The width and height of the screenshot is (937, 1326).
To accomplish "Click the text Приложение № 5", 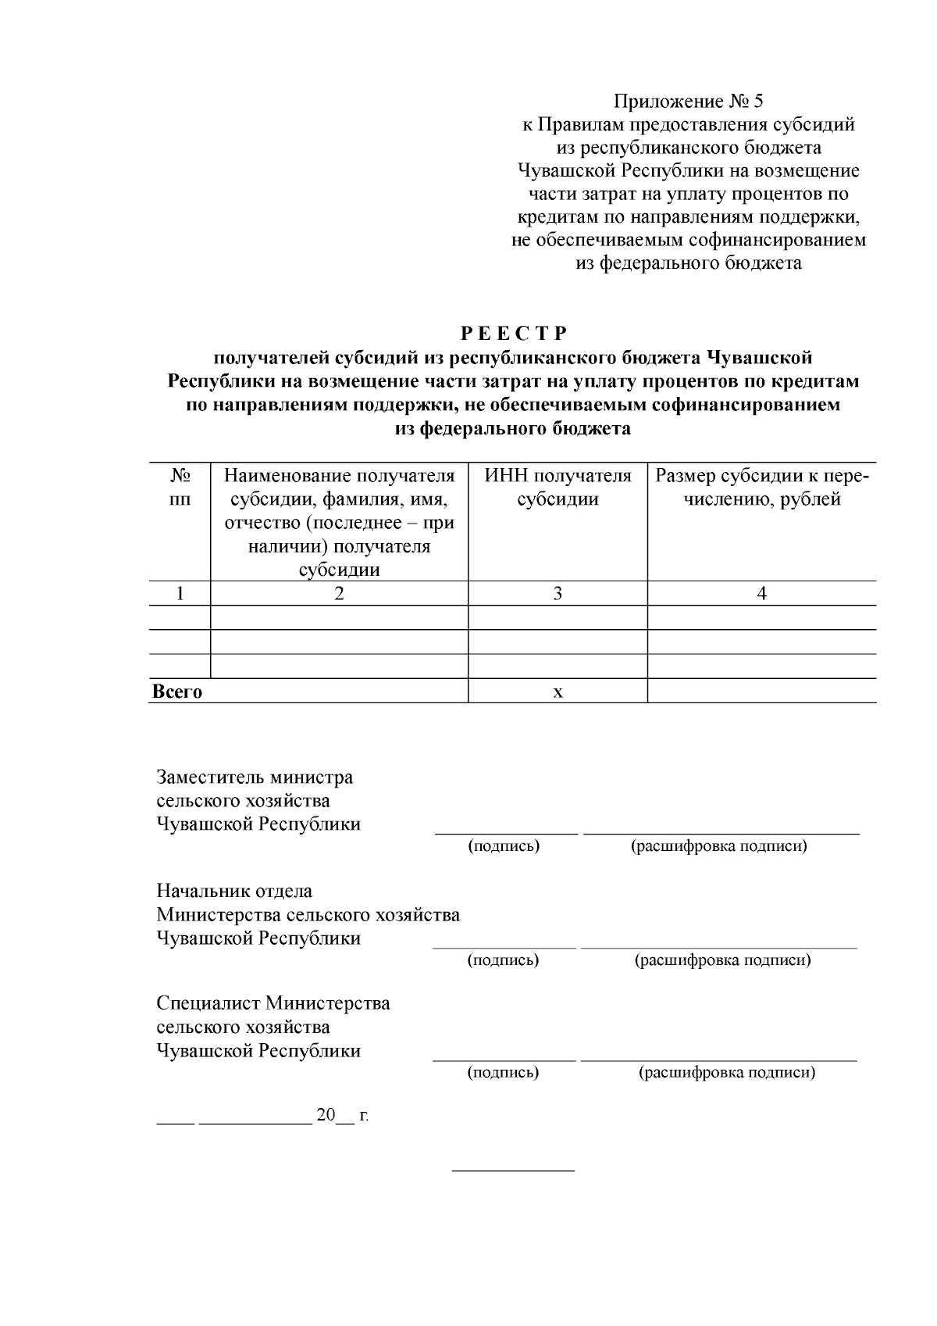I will tap(688, 102).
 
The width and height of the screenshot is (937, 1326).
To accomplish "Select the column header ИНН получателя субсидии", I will tap(558, 488).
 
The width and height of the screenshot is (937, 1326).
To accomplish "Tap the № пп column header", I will tap(180, 488).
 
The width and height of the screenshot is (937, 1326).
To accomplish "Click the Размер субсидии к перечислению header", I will tap(762, 488).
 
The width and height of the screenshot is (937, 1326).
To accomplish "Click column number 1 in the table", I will tap(180, 594).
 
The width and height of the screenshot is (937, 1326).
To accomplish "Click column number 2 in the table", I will tap(339, 594).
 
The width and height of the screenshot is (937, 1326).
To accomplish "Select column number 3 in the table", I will tap(558, 594).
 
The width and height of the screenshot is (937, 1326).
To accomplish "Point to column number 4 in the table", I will tap(762, 594).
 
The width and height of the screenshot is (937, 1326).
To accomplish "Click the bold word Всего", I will tap(177, 692).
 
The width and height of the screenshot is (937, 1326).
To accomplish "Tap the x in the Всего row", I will tap(558, 692).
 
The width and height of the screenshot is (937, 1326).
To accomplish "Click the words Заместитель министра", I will tap(255, 777).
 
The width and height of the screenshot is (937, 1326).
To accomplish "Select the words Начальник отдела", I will tap(234, 891).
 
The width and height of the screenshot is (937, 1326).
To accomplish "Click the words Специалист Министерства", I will tap(273, 1003).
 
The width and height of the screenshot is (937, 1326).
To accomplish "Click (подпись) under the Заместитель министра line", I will tap(504, 846).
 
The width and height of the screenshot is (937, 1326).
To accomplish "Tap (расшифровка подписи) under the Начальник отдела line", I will tap(722, 960).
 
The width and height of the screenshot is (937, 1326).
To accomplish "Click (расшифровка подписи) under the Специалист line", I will tap(727, 1073).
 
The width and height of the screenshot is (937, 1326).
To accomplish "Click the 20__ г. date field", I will tap(341, 1115).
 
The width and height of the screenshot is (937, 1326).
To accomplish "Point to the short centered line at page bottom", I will tap(513, 1171).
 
